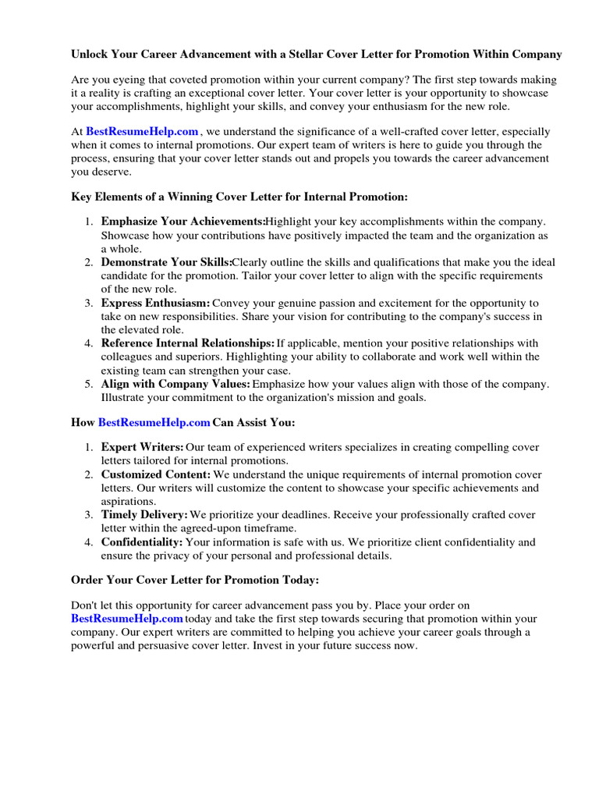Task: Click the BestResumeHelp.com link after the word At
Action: click(x=142, y=132)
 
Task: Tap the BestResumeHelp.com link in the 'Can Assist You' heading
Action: click(x=154, y=422)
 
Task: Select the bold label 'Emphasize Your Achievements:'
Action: click(x=183, y=222)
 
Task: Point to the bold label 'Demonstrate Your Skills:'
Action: click(x=166, y=262)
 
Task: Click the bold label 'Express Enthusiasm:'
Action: click(x=155, y=302)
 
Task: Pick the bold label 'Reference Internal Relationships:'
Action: click(x=188, y=343)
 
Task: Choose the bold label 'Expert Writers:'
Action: click(x=143, y=447)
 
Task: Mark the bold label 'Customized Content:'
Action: click(x=155, y=474)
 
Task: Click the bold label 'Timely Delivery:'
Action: click(x=144, y=515)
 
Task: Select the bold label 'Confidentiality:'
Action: click(x=142, y=542)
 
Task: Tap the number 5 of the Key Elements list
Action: click(x=88, y=384)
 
